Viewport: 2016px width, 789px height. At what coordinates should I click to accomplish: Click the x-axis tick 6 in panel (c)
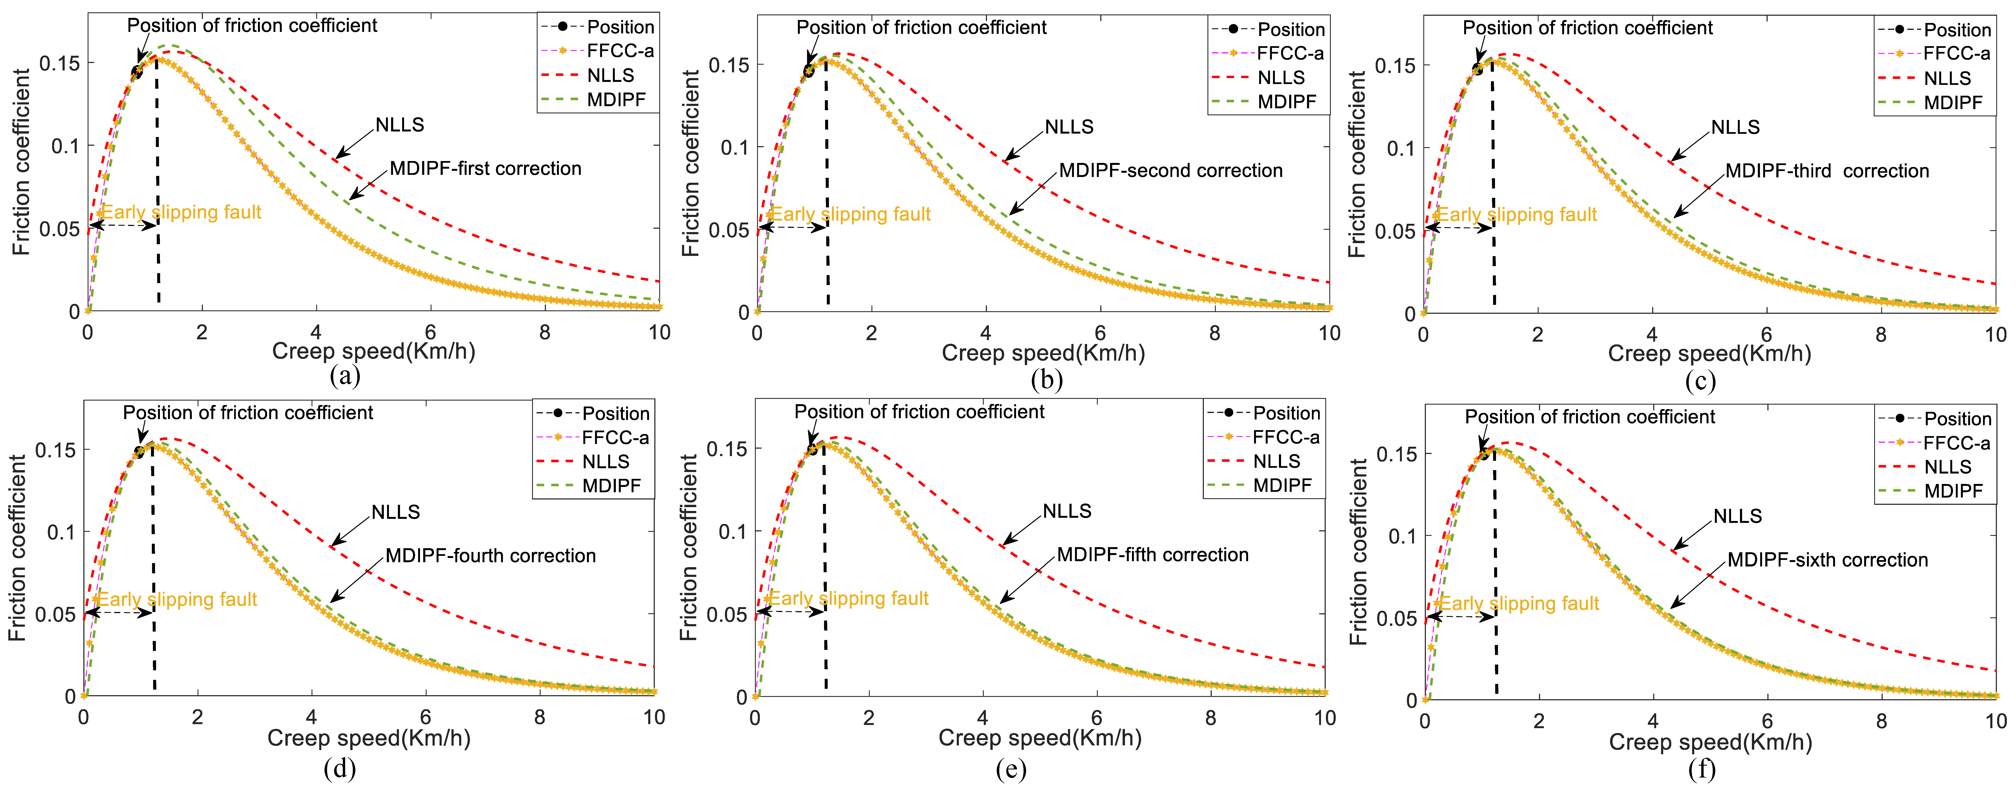1766,335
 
